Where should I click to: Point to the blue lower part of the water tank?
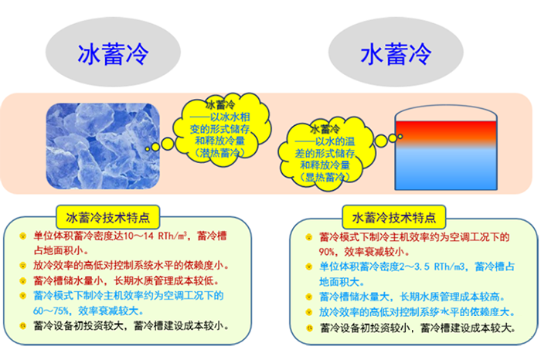[x=440, y=165]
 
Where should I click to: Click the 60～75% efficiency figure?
[x=49, y=311]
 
